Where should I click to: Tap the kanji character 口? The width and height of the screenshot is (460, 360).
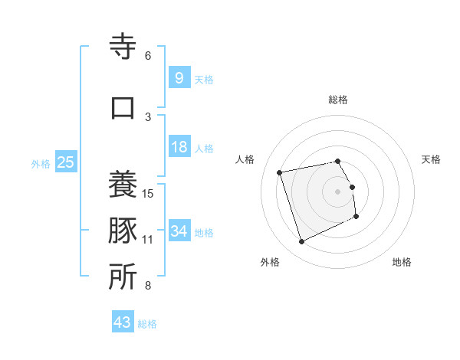(x=123, y=106)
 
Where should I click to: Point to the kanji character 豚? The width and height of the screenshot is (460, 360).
(x=123, y=231)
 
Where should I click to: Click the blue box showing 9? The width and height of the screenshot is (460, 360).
(x=179, y=77)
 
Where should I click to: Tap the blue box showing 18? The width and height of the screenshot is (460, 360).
(x=179, y=147)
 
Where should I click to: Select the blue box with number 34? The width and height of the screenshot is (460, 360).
(x=179, y=231)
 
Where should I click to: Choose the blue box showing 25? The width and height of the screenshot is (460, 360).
(x=65, y=162)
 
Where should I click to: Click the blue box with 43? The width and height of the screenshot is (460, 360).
(x=122, y=322)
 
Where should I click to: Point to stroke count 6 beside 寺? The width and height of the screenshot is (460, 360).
(x=148, y=56)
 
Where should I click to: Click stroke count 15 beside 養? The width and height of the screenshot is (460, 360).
(x=148, y=193)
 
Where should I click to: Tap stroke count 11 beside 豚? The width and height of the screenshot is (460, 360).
(x=148, y=240)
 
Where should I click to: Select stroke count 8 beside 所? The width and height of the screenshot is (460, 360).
(x=148, y=286)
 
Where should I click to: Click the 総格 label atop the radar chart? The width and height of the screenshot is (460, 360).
(x=338, y=100)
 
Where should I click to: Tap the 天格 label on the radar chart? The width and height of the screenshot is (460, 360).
(x=432, y=159)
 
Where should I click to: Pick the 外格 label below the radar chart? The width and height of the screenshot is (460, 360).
(x=270, y=262)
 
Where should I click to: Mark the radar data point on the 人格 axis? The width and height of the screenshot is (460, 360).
(x=280, y=172)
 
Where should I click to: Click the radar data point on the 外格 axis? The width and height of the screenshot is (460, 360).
(x=301, y=242)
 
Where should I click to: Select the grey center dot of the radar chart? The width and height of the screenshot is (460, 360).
(x=338, y=191)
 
